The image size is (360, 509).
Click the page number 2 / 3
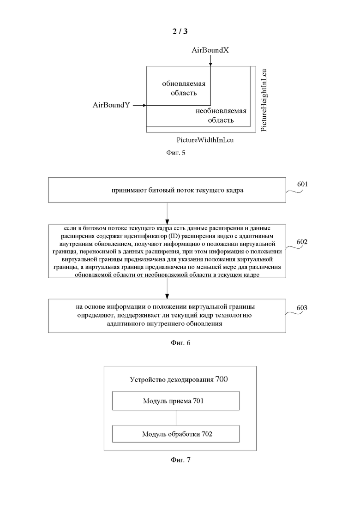[180, 31]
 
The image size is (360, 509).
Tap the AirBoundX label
[210, 50]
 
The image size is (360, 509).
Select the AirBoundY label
[111, 105]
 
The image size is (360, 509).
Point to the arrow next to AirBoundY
[139, 105]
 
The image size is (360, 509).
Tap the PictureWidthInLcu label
[205, 140]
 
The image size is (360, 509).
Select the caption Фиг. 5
[176, 153]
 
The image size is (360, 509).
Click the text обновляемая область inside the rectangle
[184, 88]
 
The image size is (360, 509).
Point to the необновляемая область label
[221, 115]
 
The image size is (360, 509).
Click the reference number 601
[302, 184]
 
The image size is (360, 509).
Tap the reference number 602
[302, 242]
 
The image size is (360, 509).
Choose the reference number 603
[302, 308]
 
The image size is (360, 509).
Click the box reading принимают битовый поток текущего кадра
[167, 190]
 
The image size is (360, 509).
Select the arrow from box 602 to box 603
[167, 288]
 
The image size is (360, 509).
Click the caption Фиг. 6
[180, 343]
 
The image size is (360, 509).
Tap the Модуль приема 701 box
[176, 401]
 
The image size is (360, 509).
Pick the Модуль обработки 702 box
[176, 434]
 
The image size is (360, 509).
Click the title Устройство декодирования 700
[179, 379]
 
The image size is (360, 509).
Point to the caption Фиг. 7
[180, 460]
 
